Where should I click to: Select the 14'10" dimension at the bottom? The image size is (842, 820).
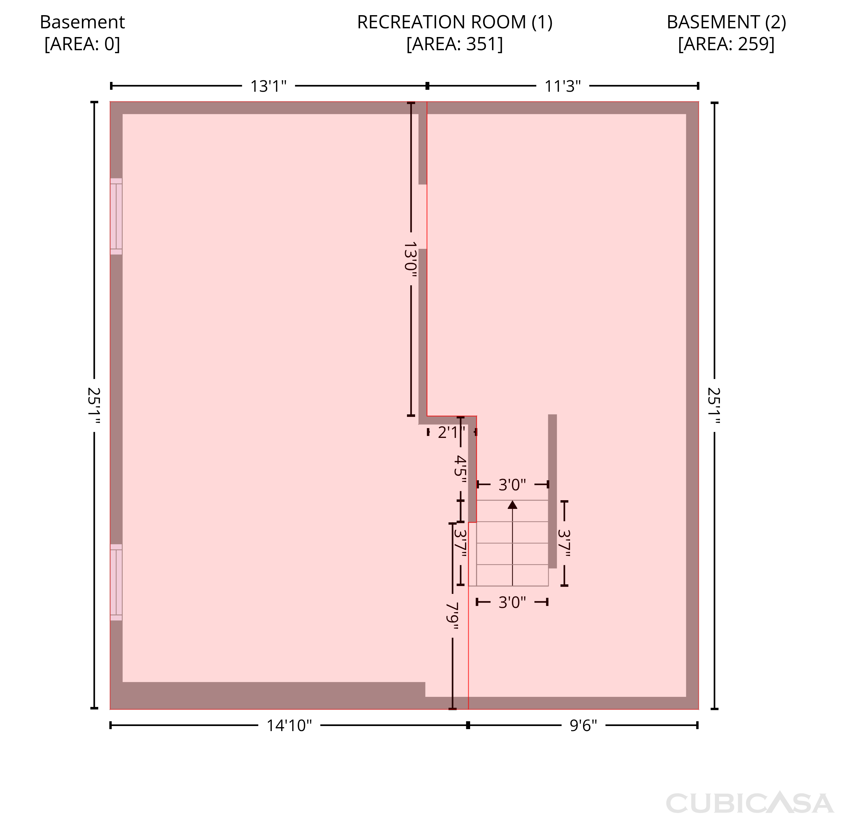pos(289,726)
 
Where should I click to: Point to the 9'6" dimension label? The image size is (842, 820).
pos(584,726)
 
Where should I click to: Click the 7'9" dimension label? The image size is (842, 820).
pos(452,615)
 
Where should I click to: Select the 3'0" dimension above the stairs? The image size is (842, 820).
pos(512,485)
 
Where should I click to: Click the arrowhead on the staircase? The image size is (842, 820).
pos(512,504)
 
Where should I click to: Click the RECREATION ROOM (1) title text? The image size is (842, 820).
pos(455,22)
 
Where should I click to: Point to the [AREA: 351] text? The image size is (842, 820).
pos(455,44)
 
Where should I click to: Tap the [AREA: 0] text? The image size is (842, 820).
pos(82,44)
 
